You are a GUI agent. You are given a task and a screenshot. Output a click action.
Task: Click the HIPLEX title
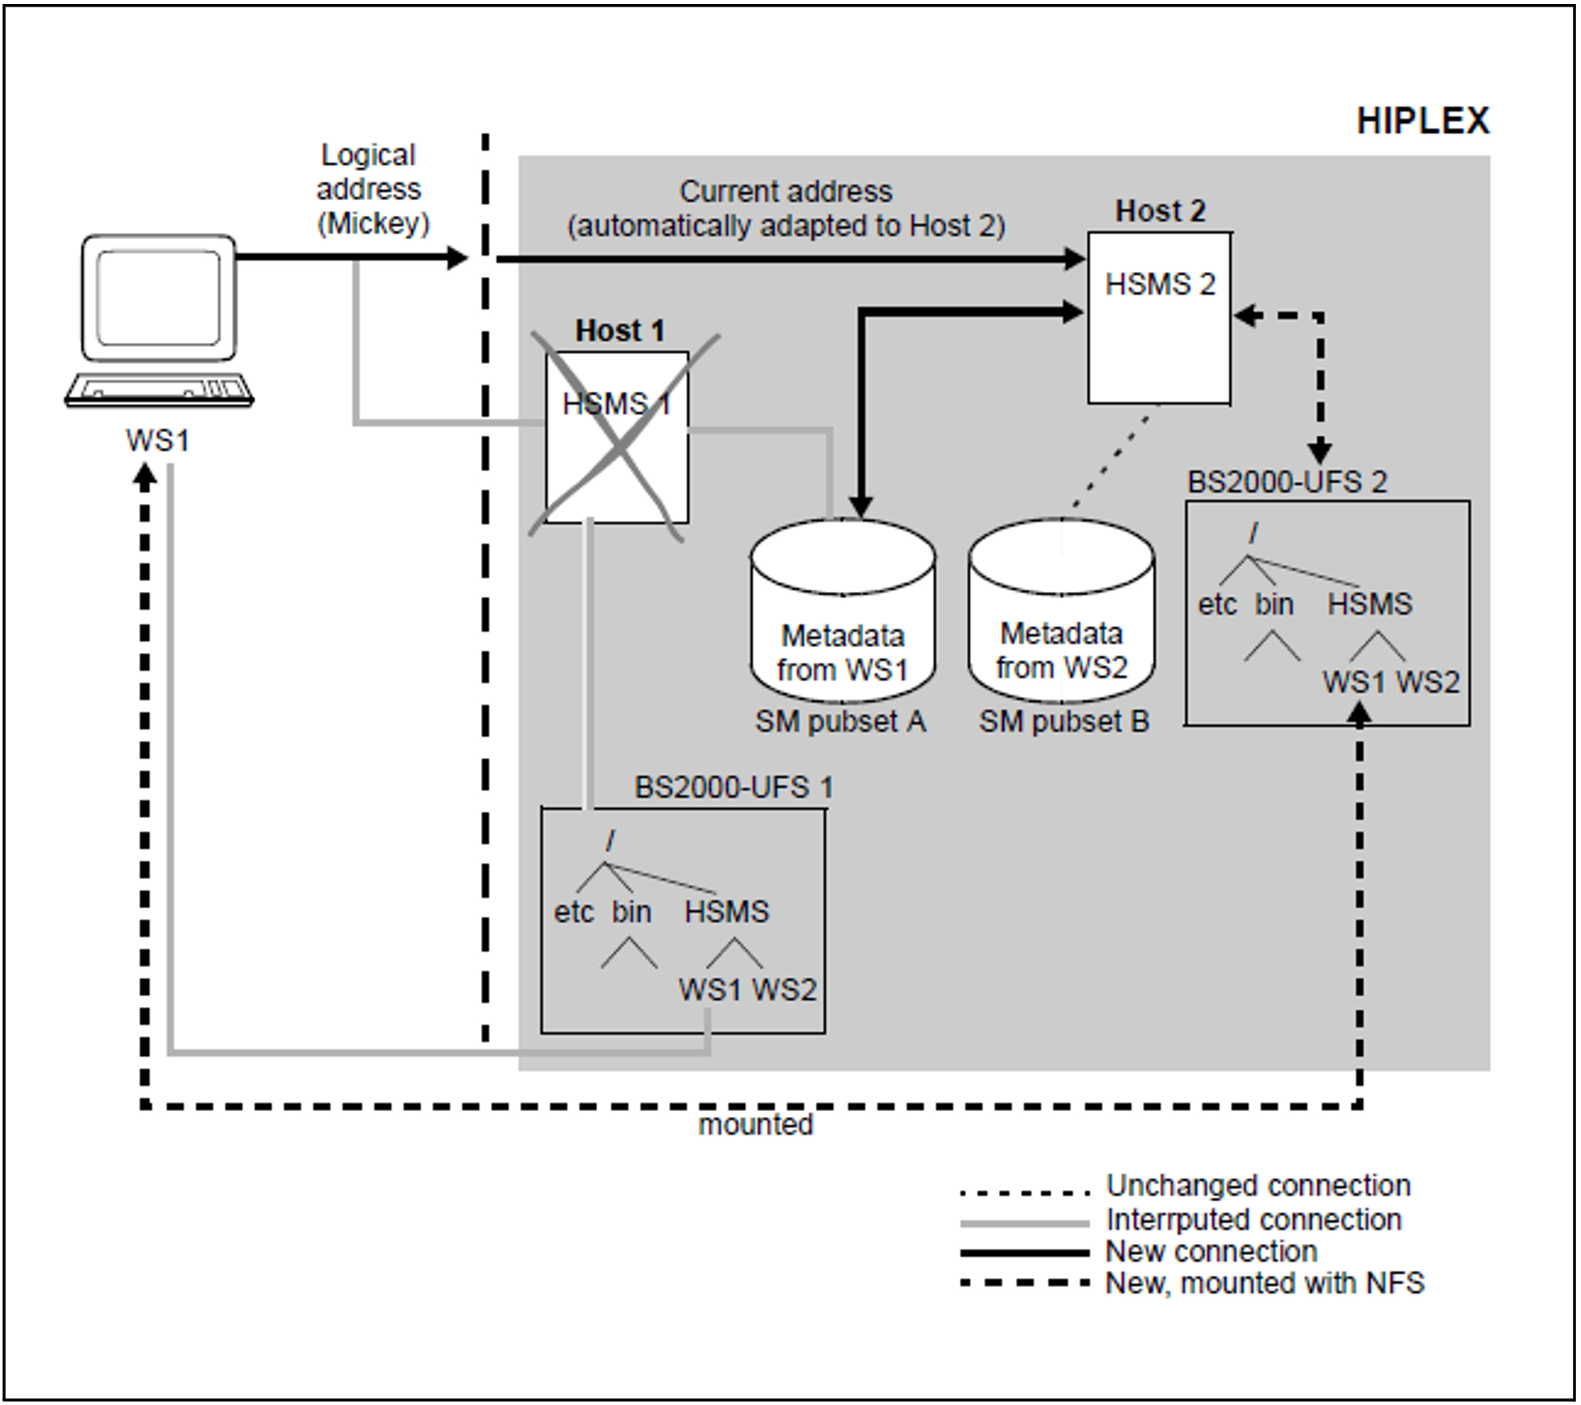point(1422,121)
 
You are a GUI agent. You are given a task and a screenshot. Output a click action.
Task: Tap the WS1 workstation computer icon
point(159,322)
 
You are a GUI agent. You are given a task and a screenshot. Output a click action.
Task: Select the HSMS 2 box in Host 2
point(1159,317)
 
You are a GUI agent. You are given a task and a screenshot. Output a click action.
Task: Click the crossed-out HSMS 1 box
point(616,437)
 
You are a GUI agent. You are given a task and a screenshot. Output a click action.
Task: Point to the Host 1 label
point(620,330)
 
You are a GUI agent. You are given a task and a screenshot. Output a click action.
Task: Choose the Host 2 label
point(1159,211)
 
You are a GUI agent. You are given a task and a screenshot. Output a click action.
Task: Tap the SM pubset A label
point(840,721)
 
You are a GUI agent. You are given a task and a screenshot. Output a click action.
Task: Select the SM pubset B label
point(1063,721)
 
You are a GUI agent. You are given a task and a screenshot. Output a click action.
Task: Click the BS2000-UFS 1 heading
point(734,787)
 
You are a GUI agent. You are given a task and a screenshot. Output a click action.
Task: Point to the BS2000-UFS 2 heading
point(1286,482)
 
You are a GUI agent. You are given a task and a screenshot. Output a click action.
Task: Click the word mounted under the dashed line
point(755,1124)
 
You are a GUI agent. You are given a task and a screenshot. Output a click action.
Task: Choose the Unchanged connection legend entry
point(1258,1185)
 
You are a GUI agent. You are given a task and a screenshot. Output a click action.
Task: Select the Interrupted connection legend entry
point(1253,1219)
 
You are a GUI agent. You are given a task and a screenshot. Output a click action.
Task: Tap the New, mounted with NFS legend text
point(1264,1283)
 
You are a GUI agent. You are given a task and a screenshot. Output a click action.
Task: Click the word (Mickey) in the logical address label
point(373,223)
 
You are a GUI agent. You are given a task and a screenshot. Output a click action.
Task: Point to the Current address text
point(786,192)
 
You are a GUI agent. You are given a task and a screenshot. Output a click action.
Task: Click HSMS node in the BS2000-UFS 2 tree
point(1369,604)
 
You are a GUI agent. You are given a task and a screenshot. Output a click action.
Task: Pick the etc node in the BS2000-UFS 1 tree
point(574,912)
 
